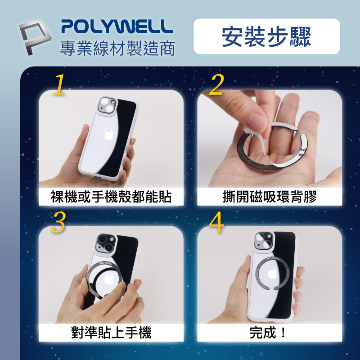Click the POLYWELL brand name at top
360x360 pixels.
tap(117, 27)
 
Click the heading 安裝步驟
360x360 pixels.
tap(266, 37)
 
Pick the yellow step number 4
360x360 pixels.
tap(216, 222)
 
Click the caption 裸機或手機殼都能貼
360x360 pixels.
tap(111, 197)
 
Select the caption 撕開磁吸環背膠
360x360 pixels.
tap(270, 197)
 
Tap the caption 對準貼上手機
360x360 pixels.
tap(111, 333)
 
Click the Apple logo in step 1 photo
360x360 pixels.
tap(108, 135)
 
